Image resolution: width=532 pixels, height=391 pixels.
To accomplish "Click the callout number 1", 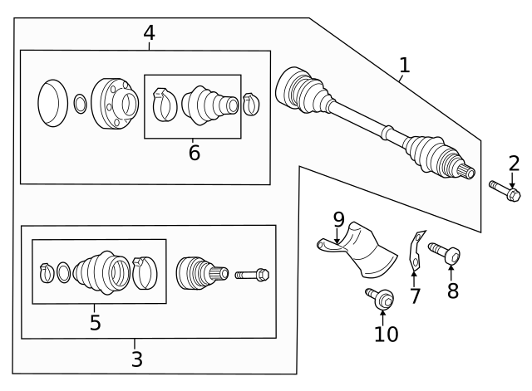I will coord(404,65).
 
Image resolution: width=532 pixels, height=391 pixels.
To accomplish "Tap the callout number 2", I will coord(513,163).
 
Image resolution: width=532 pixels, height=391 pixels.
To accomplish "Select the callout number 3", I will coord(136,359).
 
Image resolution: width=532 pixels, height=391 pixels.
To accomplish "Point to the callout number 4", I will coord(149,32).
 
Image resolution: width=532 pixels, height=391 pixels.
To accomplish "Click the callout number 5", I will coord(95,322).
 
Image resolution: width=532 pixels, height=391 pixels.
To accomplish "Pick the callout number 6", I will coord(194,153).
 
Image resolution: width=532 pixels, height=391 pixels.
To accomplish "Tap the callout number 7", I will coord(415,296).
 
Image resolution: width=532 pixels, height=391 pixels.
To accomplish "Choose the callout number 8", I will coord(452,291).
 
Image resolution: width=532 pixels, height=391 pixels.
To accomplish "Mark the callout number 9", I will coord(338,219).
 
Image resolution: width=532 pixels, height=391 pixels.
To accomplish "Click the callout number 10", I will coord(386,334).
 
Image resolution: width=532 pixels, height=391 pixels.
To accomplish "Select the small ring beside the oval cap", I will coord(80,105).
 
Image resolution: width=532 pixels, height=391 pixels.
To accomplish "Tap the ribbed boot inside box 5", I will coord(101,271).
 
